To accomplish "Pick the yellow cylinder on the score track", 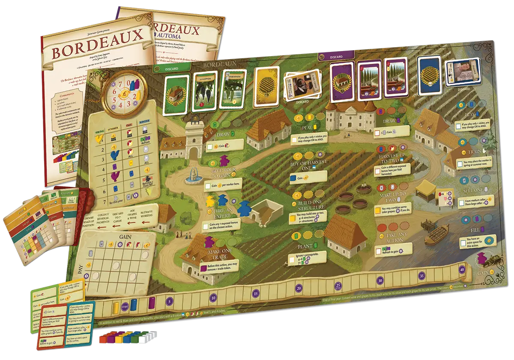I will point(115,307).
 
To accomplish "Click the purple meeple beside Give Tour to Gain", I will point(223,162).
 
